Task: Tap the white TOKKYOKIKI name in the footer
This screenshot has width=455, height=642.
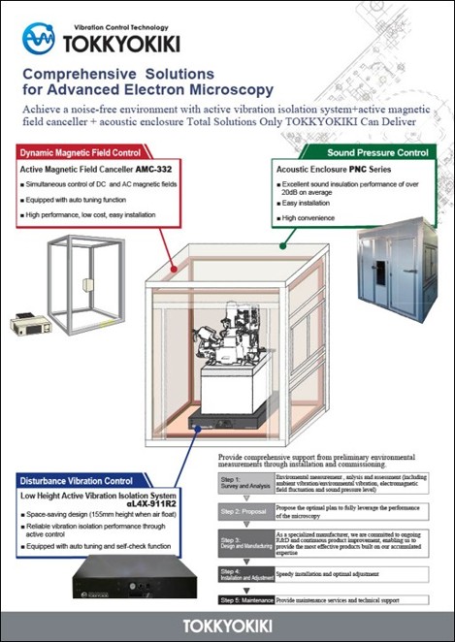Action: tap(227, 626)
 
